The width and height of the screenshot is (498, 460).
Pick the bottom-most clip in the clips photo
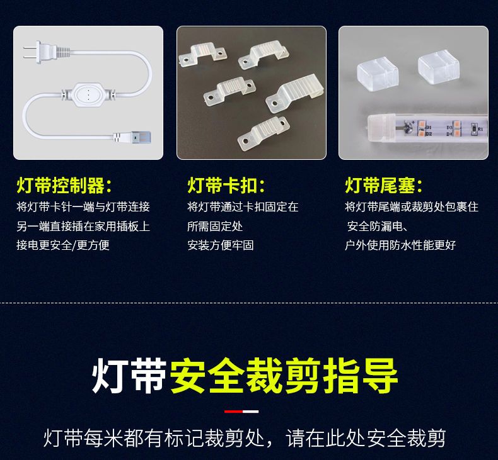[x=263, y=133]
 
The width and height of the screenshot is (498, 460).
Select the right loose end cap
[x=439, y=67]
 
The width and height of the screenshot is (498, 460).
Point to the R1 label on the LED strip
[x=480, y=129]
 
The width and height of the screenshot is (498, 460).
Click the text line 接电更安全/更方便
[x=63, y=245]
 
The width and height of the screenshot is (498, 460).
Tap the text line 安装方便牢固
[x=221, y=245]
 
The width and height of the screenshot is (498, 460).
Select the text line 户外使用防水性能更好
[x=400, y=245]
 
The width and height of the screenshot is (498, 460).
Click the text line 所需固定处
[x=215, y=227]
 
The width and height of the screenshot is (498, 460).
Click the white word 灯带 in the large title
[x=129, y=375]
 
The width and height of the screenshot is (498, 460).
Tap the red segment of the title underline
[x=233, y=412]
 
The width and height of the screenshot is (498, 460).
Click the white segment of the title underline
[x=251, y=412]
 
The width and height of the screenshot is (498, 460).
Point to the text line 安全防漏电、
[x=378, y=227]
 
